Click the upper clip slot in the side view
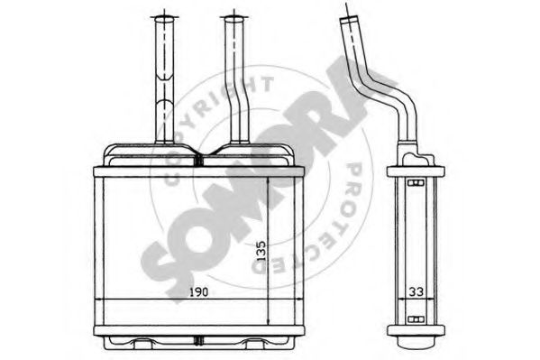point(415,184)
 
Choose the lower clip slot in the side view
point(415,318)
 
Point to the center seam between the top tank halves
point(199,154)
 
